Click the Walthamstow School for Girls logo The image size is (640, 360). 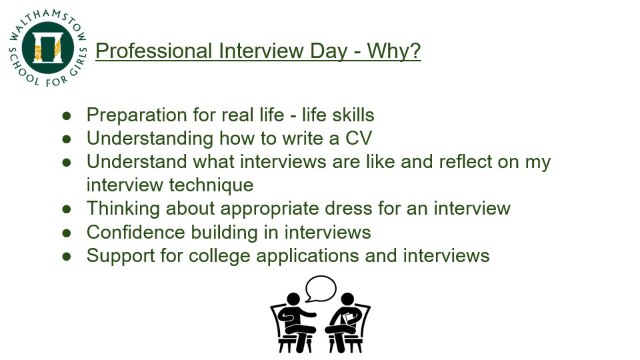(48, 48)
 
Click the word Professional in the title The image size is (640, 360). (154, 51)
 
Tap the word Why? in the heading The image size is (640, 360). (394, 51)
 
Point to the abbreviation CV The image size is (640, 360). (359, 138)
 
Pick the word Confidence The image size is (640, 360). (136, 232)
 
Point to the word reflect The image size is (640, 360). (466, 161)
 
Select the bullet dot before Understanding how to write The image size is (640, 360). (67, 139)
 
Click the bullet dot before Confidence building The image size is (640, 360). (67, 233)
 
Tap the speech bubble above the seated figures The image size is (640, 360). (321, 289)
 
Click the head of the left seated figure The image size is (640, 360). (293, 299)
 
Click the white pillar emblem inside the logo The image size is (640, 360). (48, 48)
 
